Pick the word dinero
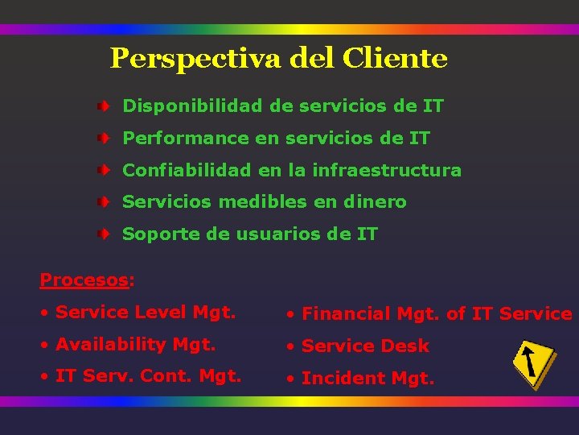(x=376, y=202)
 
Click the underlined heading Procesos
(x=84, y=280)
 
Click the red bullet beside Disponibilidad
(x=104, y=106)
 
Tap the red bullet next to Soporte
(x=104, y=234)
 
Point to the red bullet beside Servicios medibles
(x=104, y=202)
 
